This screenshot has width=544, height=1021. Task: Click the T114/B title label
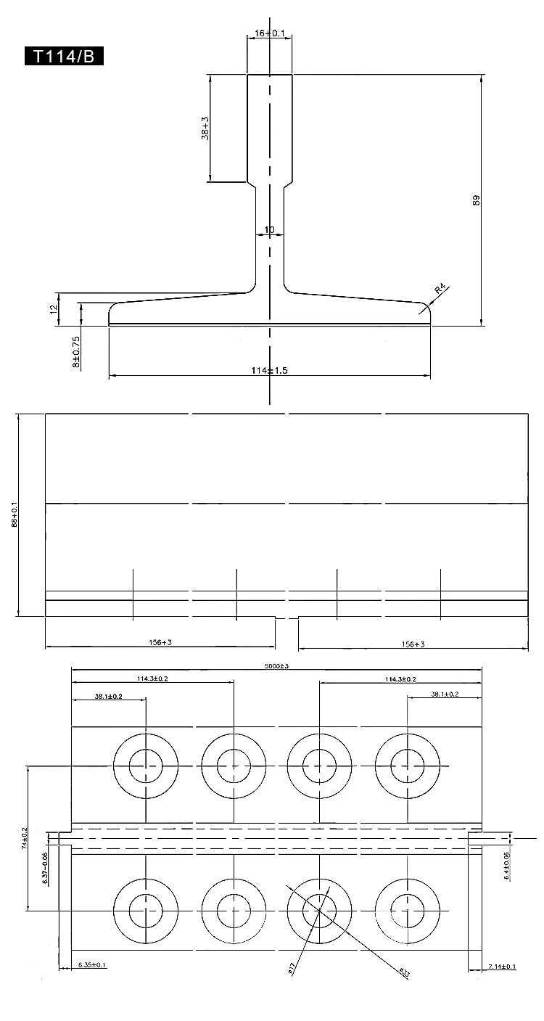click(65, 57)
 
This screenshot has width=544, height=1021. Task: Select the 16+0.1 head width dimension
click(270, 33)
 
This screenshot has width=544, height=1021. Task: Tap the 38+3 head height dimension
click(205, 128)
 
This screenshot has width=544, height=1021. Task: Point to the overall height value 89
click(477, 200)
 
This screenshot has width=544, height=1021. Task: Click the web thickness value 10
click(270, 230)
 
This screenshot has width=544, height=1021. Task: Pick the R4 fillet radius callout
click(440, 292)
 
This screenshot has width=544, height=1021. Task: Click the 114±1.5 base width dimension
click(270, 371)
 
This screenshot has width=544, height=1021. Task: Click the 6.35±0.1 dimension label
click(91, 964)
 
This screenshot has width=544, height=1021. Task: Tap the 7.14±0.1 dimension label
click(502, 967)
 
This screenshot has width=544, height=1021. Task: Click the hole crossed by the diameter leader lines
click(320, 910)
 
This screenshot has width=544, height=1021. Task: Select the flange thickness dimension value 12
click(53, 309)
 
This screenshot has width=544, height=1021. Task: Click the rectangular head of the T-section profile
click(270, 128)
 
